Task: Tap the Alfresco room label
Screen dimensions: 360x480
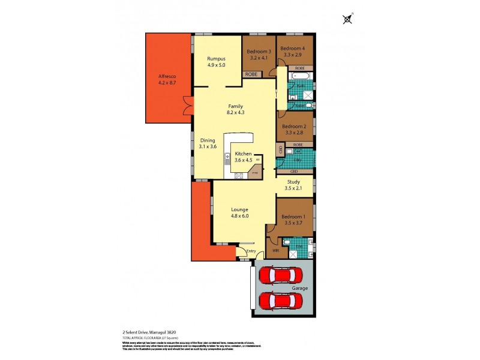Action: point(166,77)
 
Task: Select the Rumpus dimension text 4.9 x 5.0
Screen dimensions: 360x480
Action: point(216,65)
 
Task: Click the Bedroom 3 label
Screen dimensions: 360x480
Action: point(259,52)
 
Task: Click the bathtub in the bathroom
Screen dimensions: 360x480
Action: point(299,77)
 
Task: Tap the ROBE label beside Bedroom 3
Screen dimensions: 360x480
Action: point(251,74)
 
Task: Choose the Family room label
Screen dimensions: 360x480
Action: point(235,106)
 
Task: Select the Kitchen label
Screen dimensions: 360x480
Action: point(243,154)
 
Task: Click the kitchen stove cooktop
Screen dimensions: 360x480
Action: point(238,175)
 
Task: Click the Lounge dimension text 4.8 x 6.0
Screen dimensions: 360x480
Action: point(240,216)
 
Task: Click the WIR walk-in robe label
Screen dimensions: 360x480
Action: point(275,250)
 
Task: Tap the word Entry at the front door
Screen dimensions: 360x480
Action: point(251,251)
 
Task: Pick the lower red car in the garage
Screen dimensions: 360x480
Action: point(277,299)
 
